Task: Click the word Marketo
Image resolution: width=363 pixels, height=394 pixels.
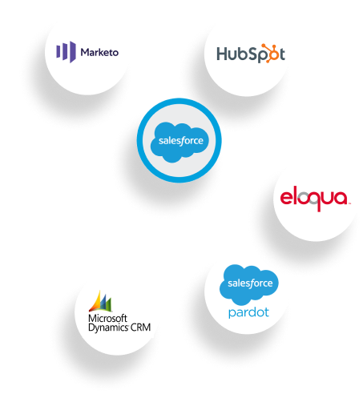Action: (99, 52)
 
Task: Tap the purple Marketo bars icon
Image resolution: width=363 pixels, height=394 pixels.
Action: (66, 52)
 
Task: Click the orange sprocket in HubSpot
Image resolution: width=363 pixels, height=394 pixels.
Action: (269, 53)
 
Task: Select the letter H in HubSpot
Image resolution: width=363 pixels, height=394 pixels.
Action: (222, 54)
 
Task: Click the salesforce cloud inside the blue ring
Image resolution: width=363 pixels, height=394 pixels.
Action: (179, 142)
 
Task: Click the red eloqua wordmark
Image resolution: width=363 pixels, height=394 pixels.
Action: (314, 199)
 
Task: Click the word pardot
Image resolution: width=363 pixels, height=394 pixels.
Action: (248, 312)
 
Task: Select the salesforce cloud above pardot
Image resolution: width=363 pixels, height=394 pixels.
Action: (249, 284)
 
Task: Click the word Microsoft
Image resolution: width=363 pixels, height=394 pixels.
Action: (107, 318)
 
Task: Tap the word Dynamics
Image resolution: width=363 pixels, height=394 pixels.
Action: (108, 328)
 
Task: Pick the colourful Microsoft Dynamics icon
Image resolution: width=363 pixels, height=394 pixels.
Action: (100, 301)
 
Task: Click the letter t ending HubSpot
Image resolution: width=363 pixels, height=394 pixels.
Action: (281, 54)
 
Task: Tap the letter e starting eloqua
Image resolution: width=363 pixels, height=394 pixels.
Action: (286, 198)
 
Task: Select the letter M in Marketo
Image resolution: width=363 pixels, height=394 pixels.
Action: (86, 52)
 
